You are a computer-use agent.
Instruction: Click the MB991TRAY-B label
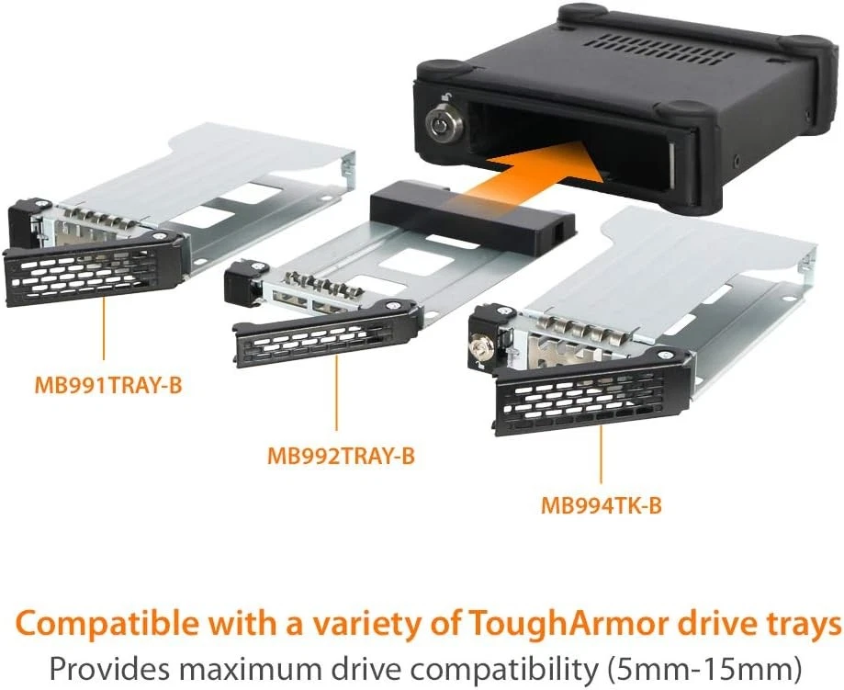pyautogui.click(x=107, y=385)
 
